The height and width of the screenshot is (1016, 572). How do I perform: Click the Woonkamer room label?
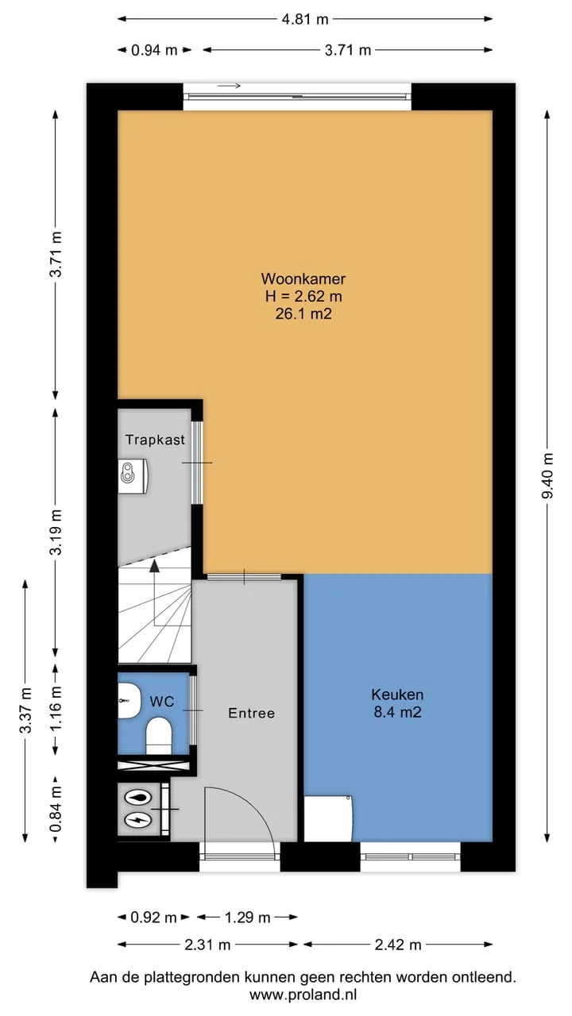303,278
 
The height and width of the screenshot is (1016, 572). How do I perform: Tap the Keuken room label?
397,694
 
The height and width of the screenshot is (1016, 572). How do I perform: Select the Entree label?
252,713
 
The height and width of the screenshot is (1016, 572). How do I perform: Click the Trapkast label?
155,440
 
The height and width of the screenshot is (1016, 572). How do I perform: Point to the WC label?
162,702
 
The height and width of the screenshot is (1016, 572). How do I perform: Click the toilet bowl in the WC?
159,735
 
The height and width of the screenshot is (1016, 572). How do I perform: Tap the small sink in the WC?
129,700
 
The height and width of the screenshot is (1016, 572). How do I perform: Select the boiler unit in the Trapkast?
133,475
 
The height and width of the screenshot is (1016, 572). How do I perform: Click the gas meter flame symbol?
138,799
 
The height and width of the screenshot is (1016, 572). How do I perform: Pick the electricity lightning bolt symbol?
138,820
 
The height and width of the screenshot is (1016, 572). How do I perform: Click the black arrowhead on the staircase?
155,566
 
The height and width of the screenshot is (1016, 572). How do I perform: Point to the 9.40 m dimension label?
548,475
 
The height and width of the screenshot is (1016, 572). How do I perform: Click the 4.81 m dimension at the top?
305,19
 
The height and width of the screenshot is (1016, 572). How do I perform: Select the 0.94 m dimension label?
154,50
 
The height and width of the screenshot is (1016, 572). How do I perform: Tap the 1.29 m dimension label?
248,918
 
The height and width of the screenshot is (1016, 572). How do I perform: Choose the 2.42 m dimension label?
398,945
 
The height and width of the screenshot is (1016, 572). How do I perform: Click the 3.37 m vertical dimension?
25,710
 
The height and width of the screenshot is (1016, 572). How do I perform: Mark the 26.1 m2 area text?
303,314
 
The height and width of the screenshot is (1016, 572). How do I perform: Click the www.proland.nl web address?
303,995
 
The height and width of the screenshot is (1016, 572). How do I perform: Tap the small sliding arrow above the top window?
230,85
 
